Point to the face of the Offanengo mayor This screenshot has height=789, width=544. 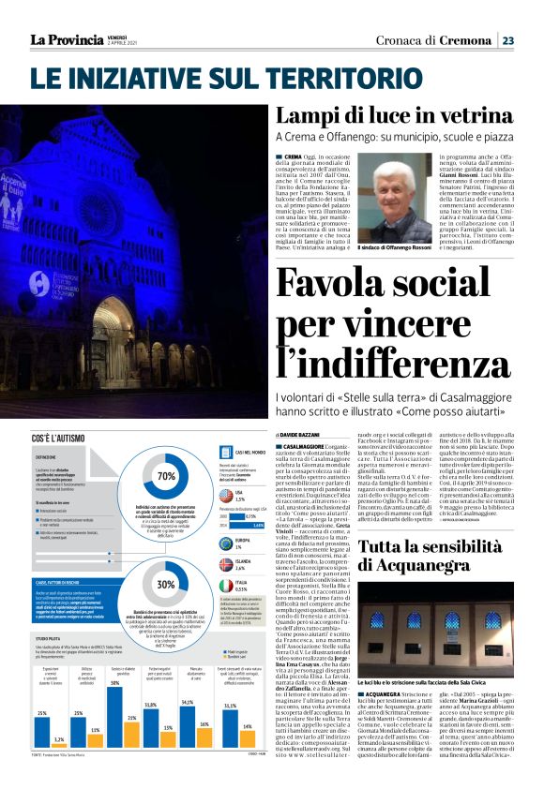pos(387,183)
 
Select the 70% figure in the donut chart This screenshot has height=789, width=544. pos(168,475)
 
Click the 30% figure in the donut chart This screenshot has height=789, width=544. pos(167,584)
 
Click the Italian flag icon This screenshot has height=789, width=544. pos(225,587)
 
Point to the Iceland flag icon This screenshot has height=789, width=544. pos(225,566)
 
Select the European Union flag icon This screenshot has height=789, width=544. pos(225,543)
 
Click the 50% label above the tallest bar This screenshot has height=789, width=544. pos(113,683)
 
